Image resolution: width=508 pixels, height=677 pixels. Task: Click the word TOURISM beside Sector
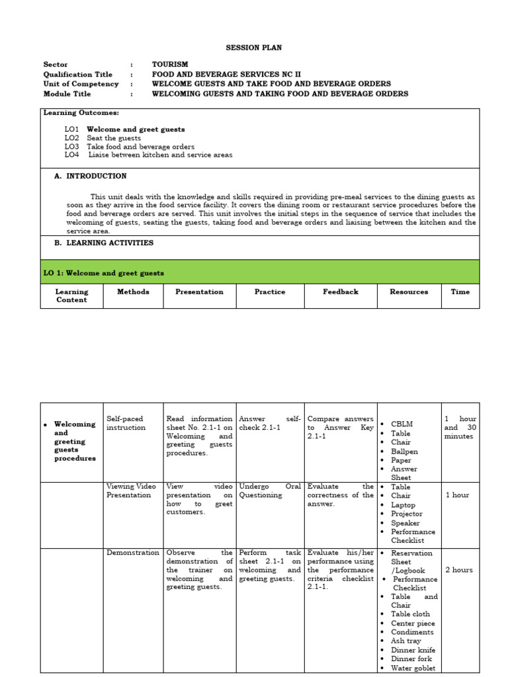(x=170, y=65)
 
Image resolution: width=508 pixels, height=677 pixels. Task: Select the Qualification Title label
(x=77, y=75)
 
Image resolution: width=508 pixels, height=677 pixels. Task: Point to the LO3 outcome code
(x=71, y=147)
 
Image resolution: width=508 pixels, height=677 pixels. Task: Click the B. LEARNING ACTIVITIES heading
(x=103, y=243)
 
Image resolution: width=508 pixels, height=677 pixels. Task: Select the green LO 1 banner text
(x=104, y=273)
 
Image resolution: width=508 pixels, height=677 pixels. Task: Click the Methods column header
(x=133, y=292)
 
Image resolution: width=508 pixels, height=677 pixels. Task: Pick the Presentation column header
(x=199, y=292)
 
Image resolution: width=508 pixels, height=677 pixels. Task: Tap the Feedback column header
(x=341, y=292)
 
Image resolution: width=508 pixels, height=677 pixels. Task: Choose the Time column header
(x=460, y=292)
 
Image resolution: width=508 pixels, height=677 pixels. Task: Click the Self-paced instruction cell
(x=125, y=423)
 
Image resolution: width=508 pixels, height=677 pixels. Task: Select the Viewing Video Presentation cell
(x=131, y=491)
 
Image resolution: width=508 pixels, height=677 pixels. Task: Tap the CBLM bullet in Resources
(x=401, y=424)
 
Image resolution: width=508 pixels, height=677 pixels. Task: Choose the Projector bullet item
(x=406, y=514)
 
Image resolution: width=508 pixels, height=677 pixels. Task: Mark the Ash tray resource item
(x=405, y=641)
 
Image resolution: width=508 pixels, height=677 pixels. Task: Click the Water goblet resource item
(x=413, y=668)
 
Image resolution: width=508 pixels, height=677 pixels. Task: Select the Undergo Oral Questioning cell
(x=269, y=491)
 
